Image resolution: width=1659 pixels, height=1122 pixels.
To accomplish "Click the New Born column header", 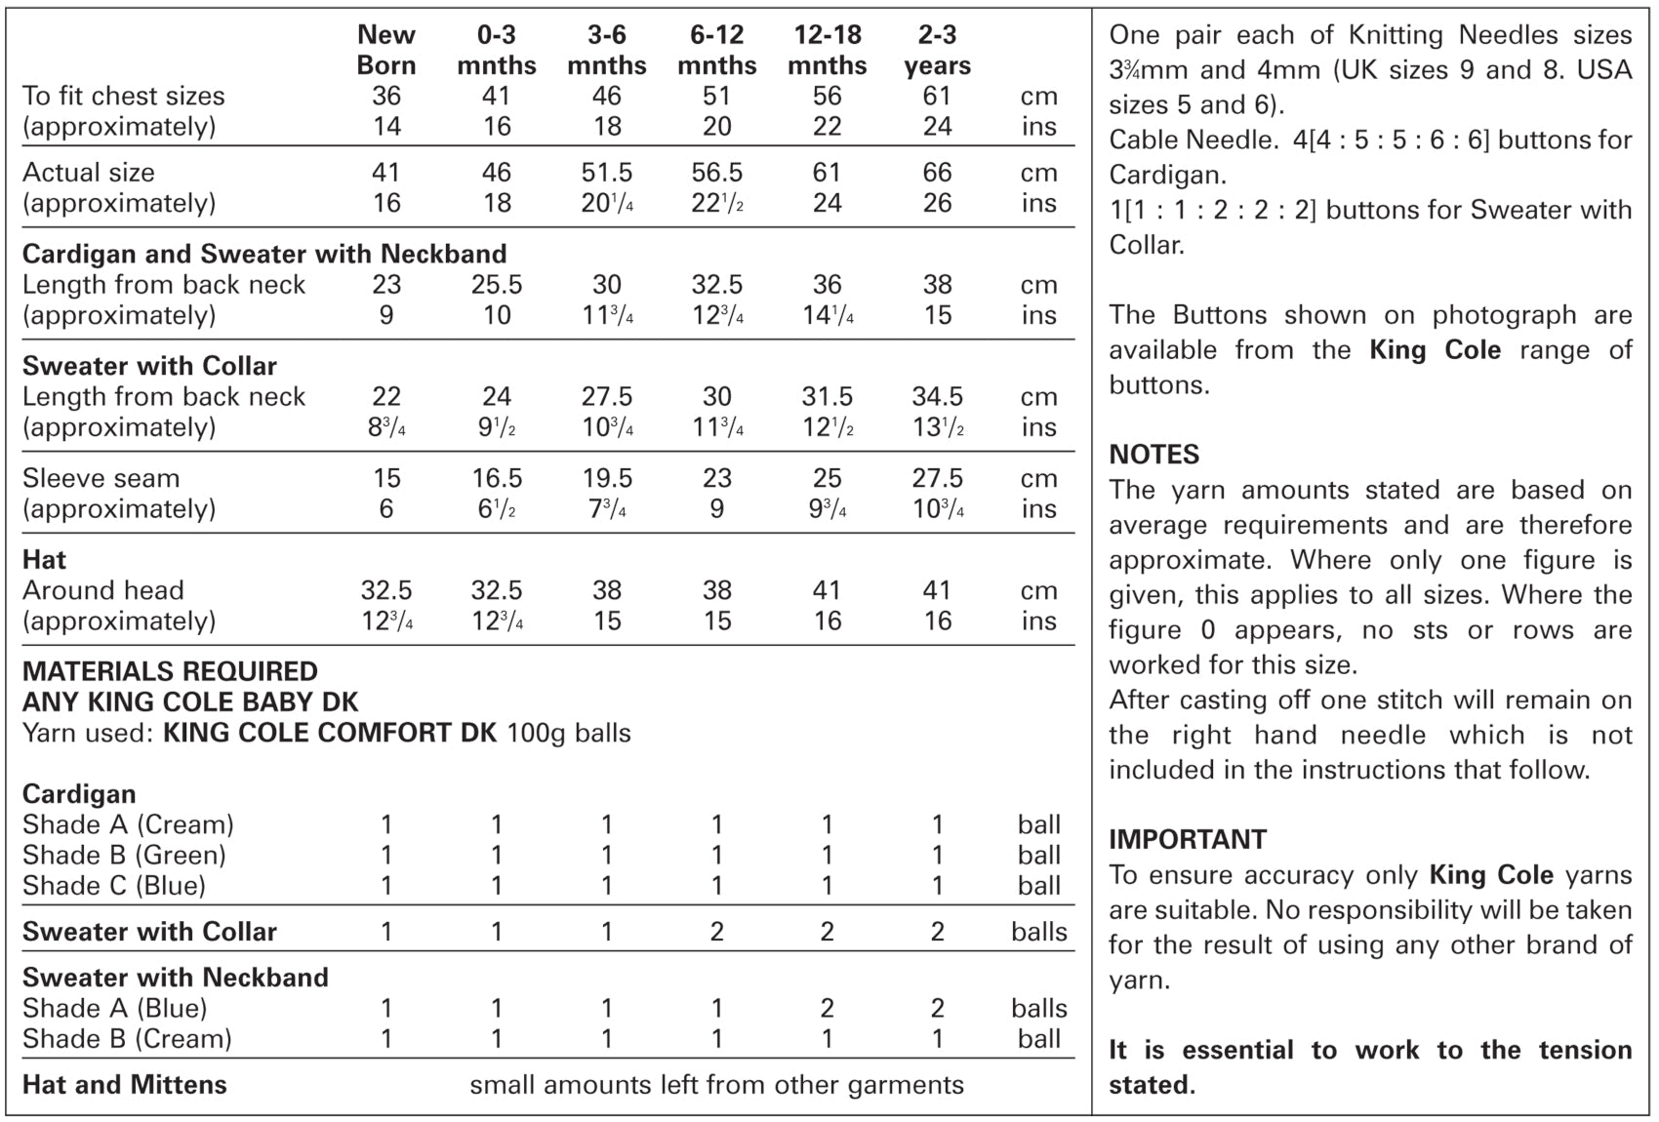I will (x=386, y=50).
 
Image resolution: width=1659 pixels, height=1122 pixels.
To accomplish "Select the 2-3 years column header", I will (x=937, y=50).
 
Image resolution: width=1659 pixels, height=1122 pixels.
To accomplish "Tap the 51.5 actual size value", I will (x=607, y=173).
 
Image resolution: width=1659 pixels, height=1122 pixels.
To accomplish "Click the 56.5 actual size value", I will (x=717, y=173).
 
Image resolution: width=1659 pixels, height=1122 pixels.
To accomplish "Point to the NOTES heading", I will (x=1154, y=455).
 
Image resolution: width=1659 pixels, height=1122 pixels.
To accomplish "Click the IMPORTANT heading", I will (x=1188, y=839).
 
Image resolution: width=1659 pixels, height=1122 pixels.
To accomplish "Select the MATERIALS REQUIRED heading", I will (x=170, y=671).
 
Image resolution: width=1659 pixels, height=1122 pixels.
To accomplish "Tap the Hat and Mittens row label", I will (x=125, y=1085).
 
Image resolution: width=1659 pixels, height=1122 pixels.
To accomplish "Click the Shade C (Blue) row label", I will (x=114, y=886).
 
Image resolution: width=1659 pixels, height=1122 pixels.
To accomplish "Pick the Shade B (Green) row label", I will (x=124, y=856).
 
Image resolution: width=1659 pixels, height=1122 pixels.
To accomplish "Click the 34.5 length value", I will (x=937, y=397).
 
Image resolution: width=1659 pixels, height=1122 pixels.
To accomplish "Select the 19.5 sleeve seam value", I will (x=607, y=478).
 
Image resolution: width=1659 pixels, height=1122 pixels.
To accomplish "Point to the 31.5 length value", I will (x=827, y=397).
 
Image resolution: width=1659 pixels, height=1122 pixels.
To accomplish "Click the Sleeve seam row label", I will (x=101, y=478).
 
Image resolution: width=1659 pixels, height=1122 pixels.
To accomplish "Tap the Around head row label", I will (x=103, y=590).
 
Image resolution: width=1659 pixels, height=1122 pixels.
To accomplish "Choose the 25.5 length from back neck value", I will (x=497, y=285).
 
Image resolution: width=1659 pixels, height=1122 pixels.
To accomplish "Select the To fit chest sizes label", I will (x=124, y=96).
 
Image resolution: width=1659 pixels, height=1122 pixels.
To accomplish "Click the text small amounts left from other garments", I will (x=716, y=1085).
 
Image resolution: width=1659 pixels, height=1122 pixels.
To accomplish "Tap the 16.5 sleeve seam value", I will (x=497, y=478).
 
